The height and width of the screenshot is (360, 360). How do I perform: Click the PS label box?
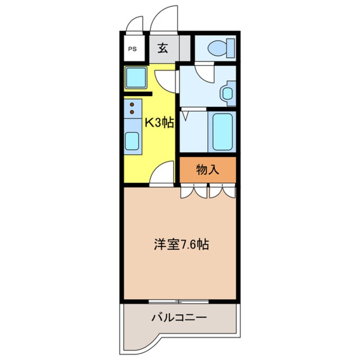(x=133, y=49)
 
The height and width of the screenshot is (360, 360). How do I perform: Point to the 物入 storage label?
(x=207, y=170)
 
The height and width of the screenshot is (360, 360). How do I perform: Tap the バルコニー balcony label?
(x=179, y=317)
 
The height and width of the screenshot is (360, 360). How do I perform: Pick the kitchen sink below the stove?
(x=132, y=141)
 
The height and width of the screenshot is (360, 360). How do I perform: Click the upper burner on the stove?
(x=132, y=104)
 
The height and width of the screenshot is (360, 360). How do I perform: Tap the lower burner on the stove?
(x=132, y=112)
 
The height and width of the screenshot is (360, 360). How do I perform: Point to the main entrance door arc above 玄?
(x=164, y=19)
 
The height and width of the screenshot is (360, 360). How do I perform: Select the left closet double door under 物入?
(x=194, y=191)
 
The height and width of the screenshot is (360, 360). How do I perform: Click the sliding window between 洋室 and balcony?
(x=179, y=302)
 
